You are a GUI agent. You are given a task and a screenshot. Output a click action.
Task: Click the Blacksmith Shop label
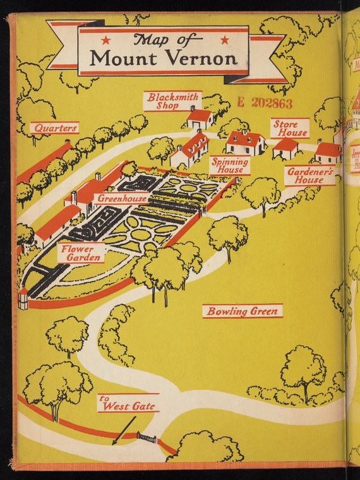173,101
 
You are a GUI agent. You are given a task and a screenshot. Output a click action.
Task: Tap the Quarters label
54,128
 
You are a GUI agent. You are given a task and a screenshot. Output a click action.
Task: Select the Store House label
290,128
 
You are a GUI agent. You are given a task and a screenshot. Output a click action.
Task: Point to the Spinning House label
230,165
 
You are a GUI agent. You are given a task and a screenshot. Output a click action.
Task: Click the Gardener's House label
310,176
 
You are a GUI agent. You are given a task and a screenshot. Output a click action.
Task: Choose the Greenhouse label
122,199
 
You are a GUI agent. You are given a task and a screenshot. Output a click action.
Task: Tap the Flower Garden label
81,253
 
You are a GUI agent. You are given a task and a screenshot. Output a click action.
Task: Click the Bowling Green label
243,311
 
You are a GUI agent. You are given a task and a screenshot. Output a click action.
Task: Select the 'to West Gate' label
129,403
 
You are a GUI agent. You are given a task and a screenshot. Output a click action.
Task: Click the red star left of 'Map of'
106,40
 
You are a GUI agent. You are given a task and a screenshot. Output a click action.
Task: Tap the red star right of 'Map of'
225,40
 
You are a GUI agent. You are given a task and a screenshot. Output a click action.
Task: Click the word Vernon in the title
203,57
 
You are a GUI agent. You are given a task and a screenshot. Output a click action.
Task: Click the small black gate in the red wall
147,437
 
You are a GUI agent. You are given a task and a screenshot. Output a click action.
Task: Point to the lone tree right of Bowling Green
303,373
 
